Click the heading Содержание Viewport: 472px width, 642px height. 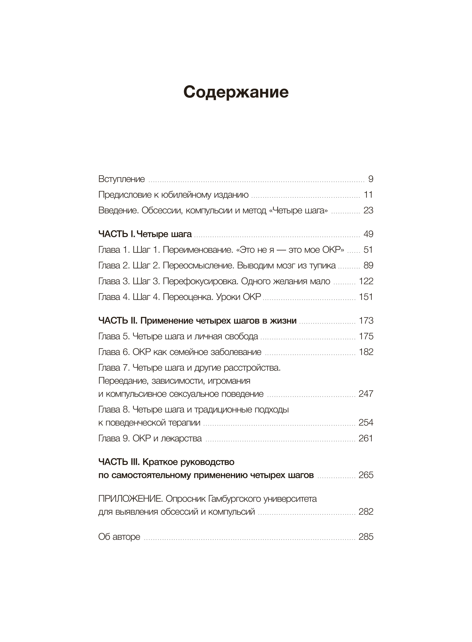tap(236, 92)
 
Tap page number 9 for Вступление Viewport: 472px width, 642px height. tap(371, 179)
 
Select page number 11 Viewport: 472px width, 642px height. tap(368, 195)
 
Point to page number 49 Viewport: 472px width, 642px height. tap(368, 234)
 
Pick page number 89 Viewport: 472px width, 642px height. tap(368, 266)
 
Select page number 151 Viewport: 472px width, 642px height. tap(366, 297)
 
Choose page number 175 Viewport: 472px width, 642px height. tap(366, 336)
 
